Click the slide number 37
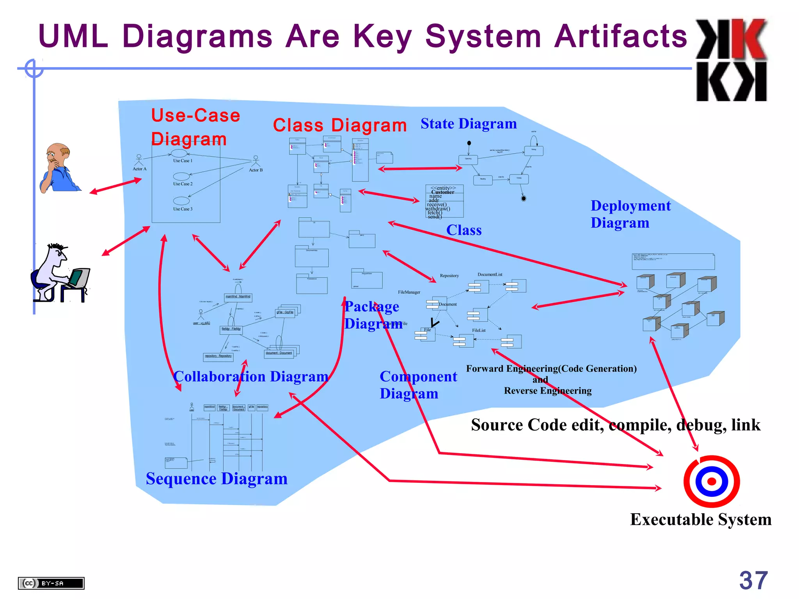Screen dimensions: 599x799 click(753, 580)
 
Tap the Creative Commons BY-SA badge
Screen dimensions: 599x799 click(51, 583)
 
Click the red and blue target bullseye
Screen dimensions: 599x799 click(711, 481)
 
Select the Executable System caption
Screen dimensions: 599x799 click(701, 519)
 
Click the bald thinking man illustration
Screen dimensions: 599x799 click(59, 168)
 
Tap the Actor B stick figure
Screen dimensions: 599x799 click(256, 161)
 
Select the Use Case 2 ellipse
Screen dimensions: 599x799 click(181, 176)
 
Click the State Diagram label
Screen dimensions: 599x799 click(469, 124)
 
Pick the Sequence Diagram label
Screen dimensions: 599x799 click(217, 479)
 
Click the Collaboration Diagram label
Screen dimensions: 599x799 click(251, 377)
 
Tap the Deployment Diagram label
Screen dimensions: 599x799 click(630, 214)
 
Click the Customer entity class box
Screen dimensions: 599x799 click(444, 201)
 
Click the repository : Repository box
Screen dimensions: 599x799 click(218, 356)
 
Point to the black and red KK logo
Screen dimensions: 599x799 click(732, 60)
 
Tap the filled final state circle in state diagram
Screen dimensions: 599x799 click(524, 198)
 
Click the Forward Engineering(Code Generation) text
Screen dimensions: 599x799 click(551, 369)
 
